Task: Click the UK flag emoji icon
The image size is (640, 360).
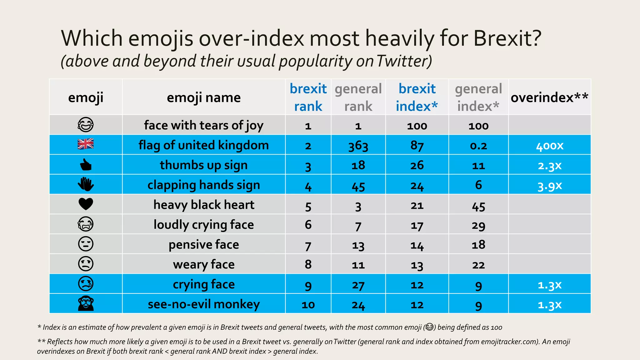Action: click(86, 144)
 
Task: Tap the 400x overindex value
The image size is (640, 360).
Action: click(549, 146)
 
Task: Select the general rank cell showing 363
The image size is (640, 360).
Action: click(358, 146)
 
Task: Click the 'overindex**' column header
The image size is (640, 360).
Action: click(549, 97)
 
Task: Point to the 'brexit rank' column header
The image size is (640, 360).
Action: click(308, 97)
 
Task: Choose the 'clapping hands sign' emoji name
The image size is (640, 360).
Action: click(203, 185)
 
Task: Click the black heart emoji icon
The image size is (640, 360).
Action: click(86, 204)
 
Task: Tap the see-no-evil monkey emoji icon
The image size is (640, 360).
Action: click(86, 303)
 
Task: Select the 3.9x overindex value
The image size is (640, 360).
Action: click(549, 186)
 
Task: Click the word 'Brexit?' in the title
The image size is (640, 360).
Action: click(507, 38)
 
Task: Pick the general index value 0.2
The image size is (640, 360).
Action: click(478, 146)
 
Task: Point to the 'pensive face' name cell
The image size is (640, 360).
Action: click(203, 244)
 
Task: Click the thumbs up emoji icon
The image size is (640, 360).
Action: click(86, 165)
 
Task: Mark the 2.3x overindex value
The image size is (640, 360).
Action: click(549, 166)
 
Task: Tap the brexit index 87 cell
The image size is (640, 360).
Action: click(417, 146)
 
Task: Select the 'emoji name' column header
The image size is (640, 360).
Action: click(203, 97)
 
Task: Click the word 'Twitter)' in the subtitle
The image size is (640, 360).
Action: click(404, 61)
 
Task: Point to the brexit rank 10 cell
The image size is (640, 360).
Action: click(308, 305)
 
